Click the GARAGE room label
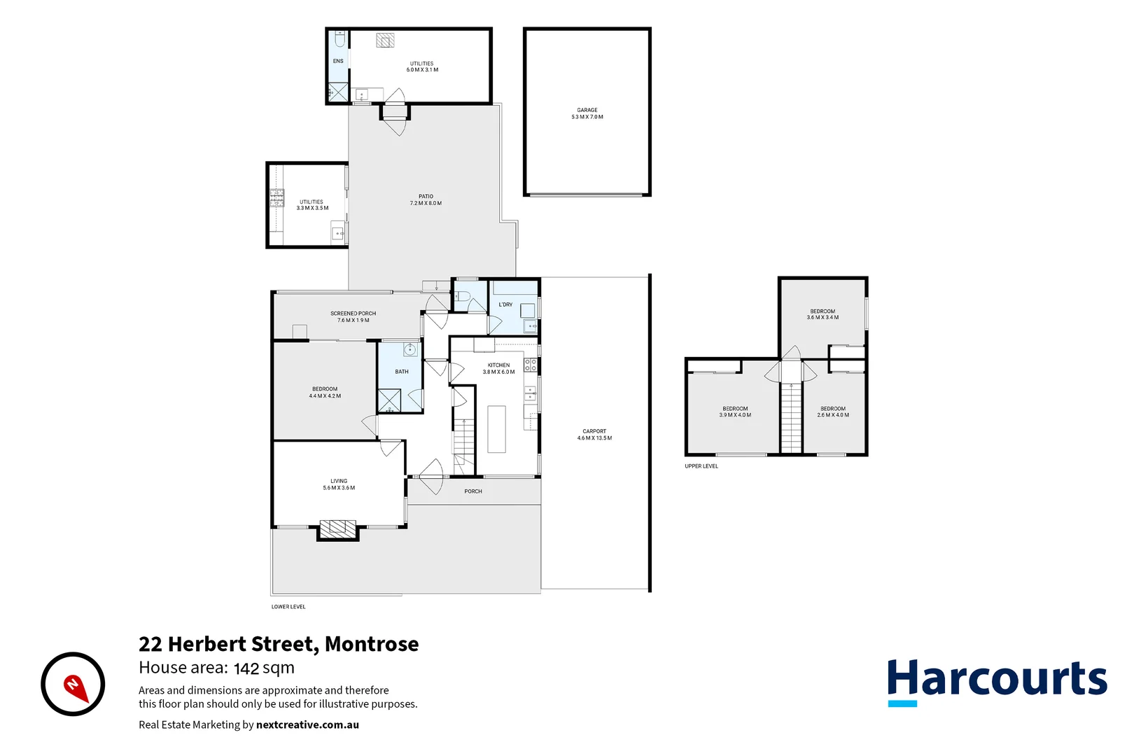coord(587,110)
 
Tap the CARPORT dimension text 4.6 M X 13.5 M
coord(594,438)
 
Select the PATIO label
coord(426,197)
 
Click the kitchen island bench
coord(496,429)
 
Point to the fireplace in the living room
coord(338,528)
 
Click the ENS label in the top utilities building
coord(338,62)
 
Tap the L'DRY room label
coord(505,304)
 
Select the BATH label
coord(402,372)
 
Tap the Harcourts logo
coord(997,681)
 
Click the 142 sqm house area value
coord(264,668)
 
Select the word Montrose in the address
coord(372,644)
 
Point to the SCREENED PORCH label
coord(353,314)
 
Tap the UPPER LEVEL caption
coord(701,466)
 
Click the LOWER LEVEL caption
coord(288,607)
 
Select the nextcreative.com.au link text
coord(307,725)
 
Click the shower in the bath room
coord(389,400)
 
